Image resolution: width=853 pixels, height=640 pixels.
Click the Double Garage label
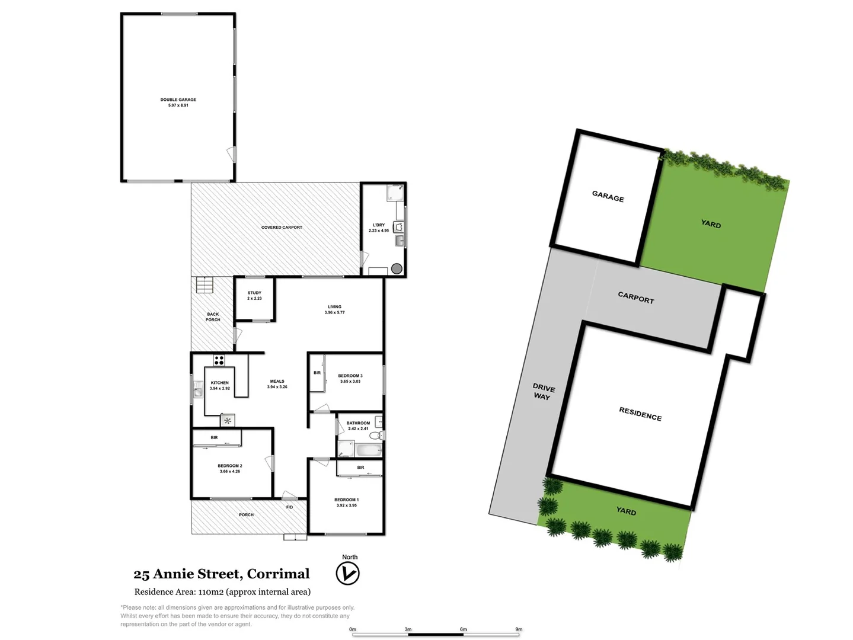click(178, 100)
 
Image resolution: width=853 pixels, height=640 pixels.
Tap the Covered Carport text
click(282, 228)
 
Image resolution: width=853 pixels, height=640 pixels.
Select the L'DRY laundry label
click(379, 225)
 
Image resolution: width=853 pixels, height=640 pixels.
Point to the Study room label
click(254, 293)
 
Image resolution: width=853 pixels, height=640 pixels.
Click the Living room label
click(334, 307)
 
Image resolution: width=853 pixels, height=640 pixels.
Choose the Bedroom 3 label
click(350, 376)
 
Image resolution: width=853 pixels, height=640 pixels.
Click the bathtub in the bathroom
click(369, 450)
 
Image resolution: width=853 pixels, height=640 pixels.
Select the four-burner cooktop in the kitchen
click(219, 360)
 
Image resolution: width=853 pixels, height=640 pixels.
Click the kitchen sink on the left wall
click(197, 391)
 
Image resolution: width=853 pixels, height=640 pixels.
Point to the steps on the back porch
click(204, 285)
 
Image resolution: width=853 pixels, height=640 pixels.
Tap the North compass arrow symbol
click(347, 574)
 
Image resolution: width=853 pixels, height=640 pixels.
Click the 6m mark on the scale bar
click(464, 629)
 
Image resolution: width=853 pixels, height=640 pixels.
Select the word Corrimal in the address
click(278, 574)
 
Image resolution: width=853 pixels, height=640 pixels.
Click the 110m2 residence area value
click(210, 591)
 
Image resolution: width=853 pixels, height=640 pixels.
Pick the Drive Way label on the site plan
click(543, 392)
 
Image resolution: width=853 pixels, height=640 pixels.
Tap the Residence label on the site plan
click(640, 414)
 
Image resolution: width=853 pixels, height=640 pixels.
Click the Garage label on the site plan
click(608, 197)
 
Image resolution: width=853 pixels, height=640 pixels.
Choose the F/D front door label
click(289, 507)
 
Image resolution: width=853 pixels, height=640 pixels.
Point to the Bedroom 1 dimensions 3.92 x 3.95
click(346, 505)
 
